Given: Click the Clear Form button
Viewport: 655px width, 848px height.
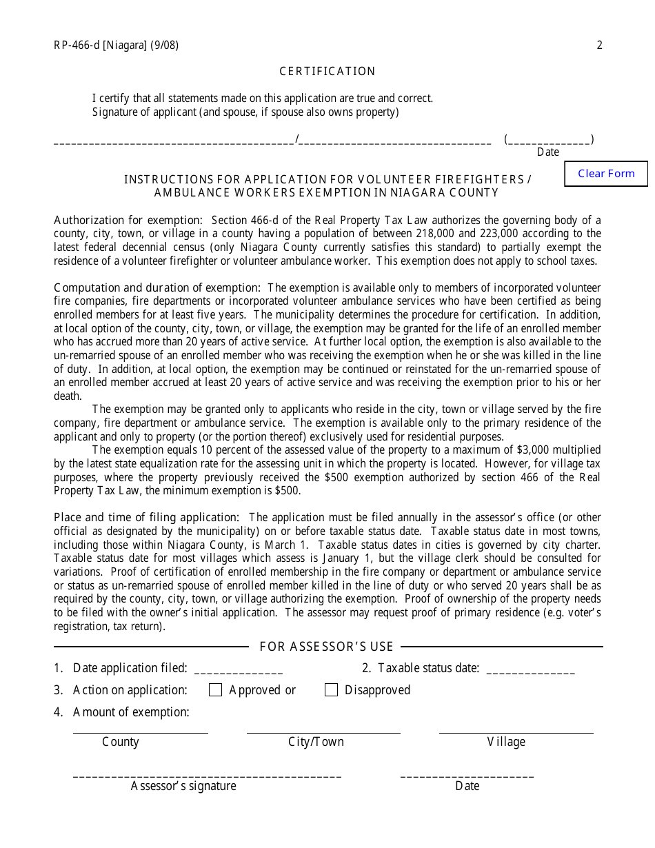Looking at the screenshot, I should click(x=606, y=174).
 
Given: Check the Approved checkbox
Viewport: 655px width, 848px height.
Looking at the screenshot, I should click(x=215, y=690).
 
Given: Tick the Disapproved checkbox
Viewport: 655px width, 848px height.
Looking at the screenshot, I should click(x=331, y=690).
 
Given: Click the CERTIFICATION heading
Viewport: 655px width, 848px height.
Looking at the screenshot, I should click(x=327, y=72).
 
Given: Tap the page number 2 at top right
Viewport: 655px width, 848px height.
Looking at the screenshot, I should click(x=599, y=46).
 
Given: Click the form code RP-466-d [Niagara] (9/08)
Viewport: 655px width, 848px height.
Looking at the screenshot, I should click(x=116, y=46).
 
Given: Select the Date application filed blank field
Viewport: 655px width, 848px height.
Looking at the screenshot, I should click(x=239, y=669).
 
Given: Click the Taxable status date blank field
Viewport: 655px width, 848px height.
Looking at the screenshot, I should click(x=530, y=669).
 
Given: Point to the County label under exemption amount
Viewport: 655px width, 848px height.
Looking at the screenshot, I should click(x=121, y=742).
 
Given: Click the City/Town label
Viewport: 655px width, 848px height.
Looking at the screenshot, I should click(x=316, y=742).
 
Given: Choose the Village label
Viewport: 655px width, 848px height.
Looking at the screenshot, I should click(x=506, y=742).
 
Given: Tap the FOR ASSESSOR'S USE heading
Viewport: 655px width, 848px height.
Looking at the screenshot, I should click(x=326, y=647).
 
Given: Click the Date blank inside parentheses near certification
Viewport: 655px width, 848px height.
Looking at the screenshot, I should click(x=549, y=140).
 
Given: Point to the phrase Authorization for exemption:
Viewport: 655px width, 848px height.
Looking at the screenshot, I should click(x=128, y=221).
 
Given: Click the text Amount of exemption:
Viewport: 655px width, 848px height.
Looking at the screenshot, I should click(x=131, y=712).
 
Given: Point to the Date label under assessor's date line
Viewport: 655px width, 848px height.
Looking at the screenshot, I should click(x=467, y=786).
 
